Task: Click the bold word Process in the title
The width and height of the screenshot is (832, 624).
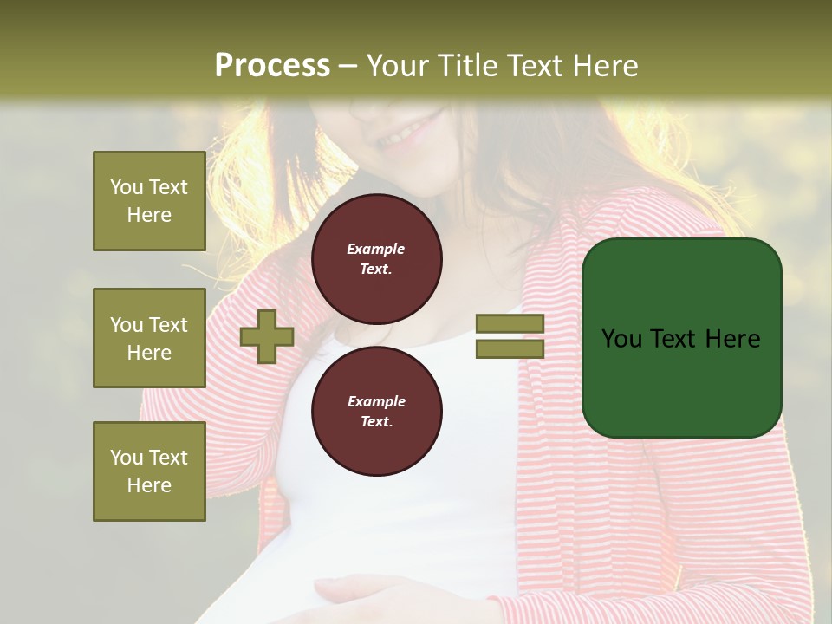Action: tap(272, 66)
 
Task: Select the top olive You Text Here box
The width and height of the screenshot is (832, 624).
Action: tap(149, 201)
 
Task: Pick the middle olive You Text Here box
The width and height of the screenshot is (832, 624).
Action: tap(149, 338)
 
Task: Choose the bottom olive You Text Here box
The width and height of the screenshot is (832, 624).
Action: tap(149, 471)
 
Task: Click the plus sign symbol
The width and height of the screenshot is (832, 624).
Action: tap(267, 336)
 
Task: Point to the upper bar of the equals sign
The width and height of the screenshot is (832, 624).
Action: tap(510, 324)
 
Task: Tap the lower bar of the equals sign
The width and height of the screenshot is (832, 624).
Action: tap(510, 348)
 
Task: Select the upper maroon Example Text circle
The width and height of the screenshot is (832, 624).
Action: tap(376, 259)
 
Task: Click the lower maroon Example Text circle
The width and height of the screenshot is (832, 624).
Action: tap(376, 412)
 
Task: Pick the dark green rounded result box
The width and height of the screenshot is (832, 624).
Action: tap(681, 338)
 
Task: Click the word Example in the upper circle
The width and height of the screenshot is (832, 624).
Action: tap(376, 249)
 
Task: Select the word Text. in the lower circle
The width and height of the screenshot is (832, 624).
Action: tap(376, 422)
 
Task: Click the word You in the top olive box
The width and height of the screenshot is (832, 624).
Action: tap(127, 187)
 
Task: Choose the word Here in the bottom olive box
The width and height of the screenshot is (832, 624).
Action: tap(149, 485)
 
